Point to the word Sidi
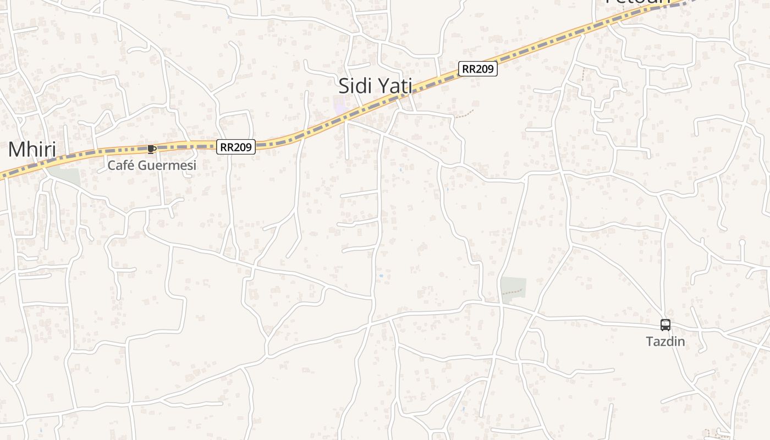pyautogui.click(x=354, y=86)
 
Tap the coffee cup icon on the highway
pyautogui.click(x=152, y=148)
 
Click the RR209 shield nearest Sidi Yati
pyautogui.click(x=478, y=69)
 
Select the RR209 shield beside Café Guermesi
pyautogui.click(x=236, y=147)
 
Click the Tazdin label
pyautogui.click(x=665, y=342)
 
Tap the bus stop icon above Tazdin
pyautogui.click(x=665, y=325)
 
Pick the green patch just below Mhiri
pyautogui.click(x=64, y=177)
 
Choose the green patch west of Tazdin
pyautogui.click(x=513, y=287)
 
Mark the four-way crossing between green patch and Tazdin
pyautogui.click(x=534, y=315)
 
